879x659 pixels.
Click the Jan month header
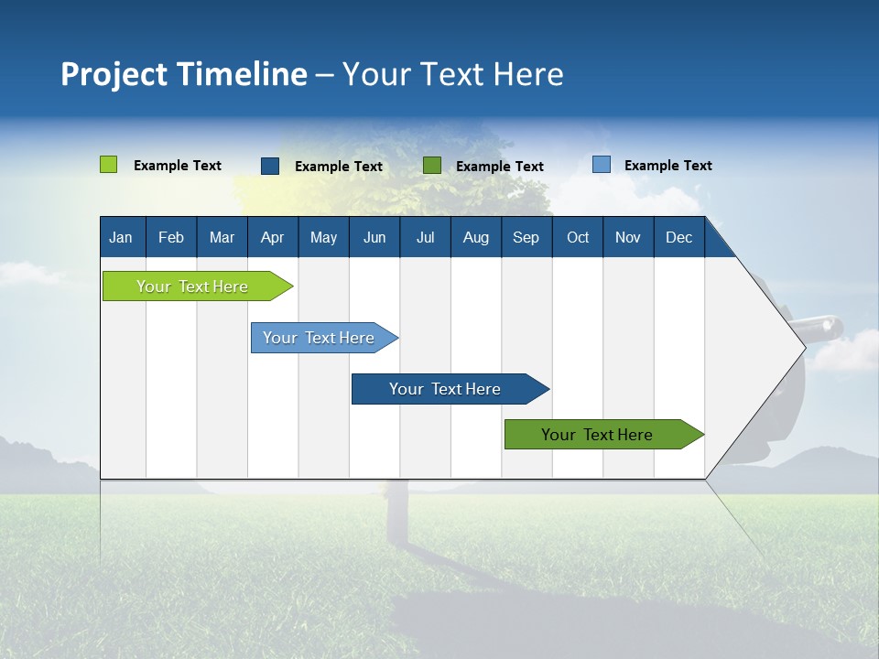coord(121,237)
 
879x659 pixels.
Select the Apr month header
coord(272,237)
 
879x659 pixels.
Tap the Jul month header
coord(425,237)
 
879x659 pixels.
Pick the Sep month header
coord(526,237)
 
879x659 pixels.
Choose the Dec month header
coord(678,237)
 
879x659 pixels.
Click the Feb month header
coord(171,237)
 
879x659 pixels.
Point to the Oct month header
coord(578,237)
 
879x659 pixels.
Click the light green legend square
coord(108,165)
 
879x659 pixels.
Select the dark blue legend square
coord(270,166)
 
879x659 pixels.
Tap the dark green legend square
coord(432,165)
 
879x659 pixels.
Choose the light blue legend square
coord(601,165)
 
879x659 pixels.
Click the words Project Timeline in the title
coord(184,74)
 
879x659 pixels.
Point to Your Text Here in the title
coord(453,74)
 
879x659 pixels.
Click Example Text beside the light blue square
coord(667,166)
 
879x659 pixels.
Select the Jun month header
coord(374,237)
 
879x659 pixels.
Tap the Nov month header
coord(628,237)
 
